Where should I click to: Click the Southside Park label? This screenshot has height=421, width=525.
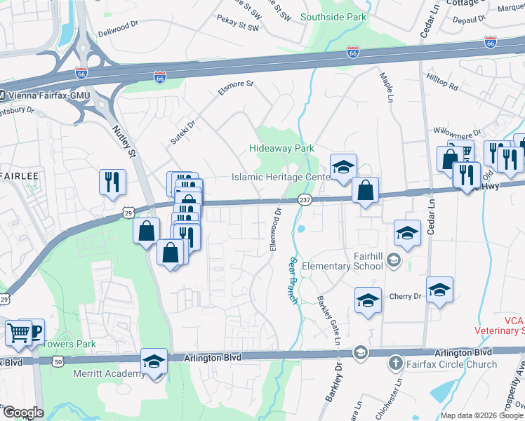[333, 17]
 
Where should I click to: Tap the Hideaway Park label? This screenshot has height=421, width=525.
[281, 148]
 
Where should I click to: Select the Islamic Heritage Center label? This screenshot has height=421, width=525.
[281, 178]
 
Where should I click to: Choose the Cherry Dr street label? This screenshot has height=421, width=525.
[408, 296]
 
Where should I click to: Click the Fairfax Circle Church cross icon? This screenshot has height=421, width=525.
[395, 364]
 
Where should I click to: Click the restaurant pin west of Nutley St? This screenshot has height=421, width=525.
[112, 182]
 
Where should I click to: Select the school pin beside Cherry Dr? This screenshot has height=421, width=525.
[439, 289]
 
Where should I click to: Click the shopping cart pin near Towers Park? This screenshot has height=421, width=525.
[18, 332]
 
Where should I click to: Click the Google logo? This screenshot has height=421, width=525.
[22, 413]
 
